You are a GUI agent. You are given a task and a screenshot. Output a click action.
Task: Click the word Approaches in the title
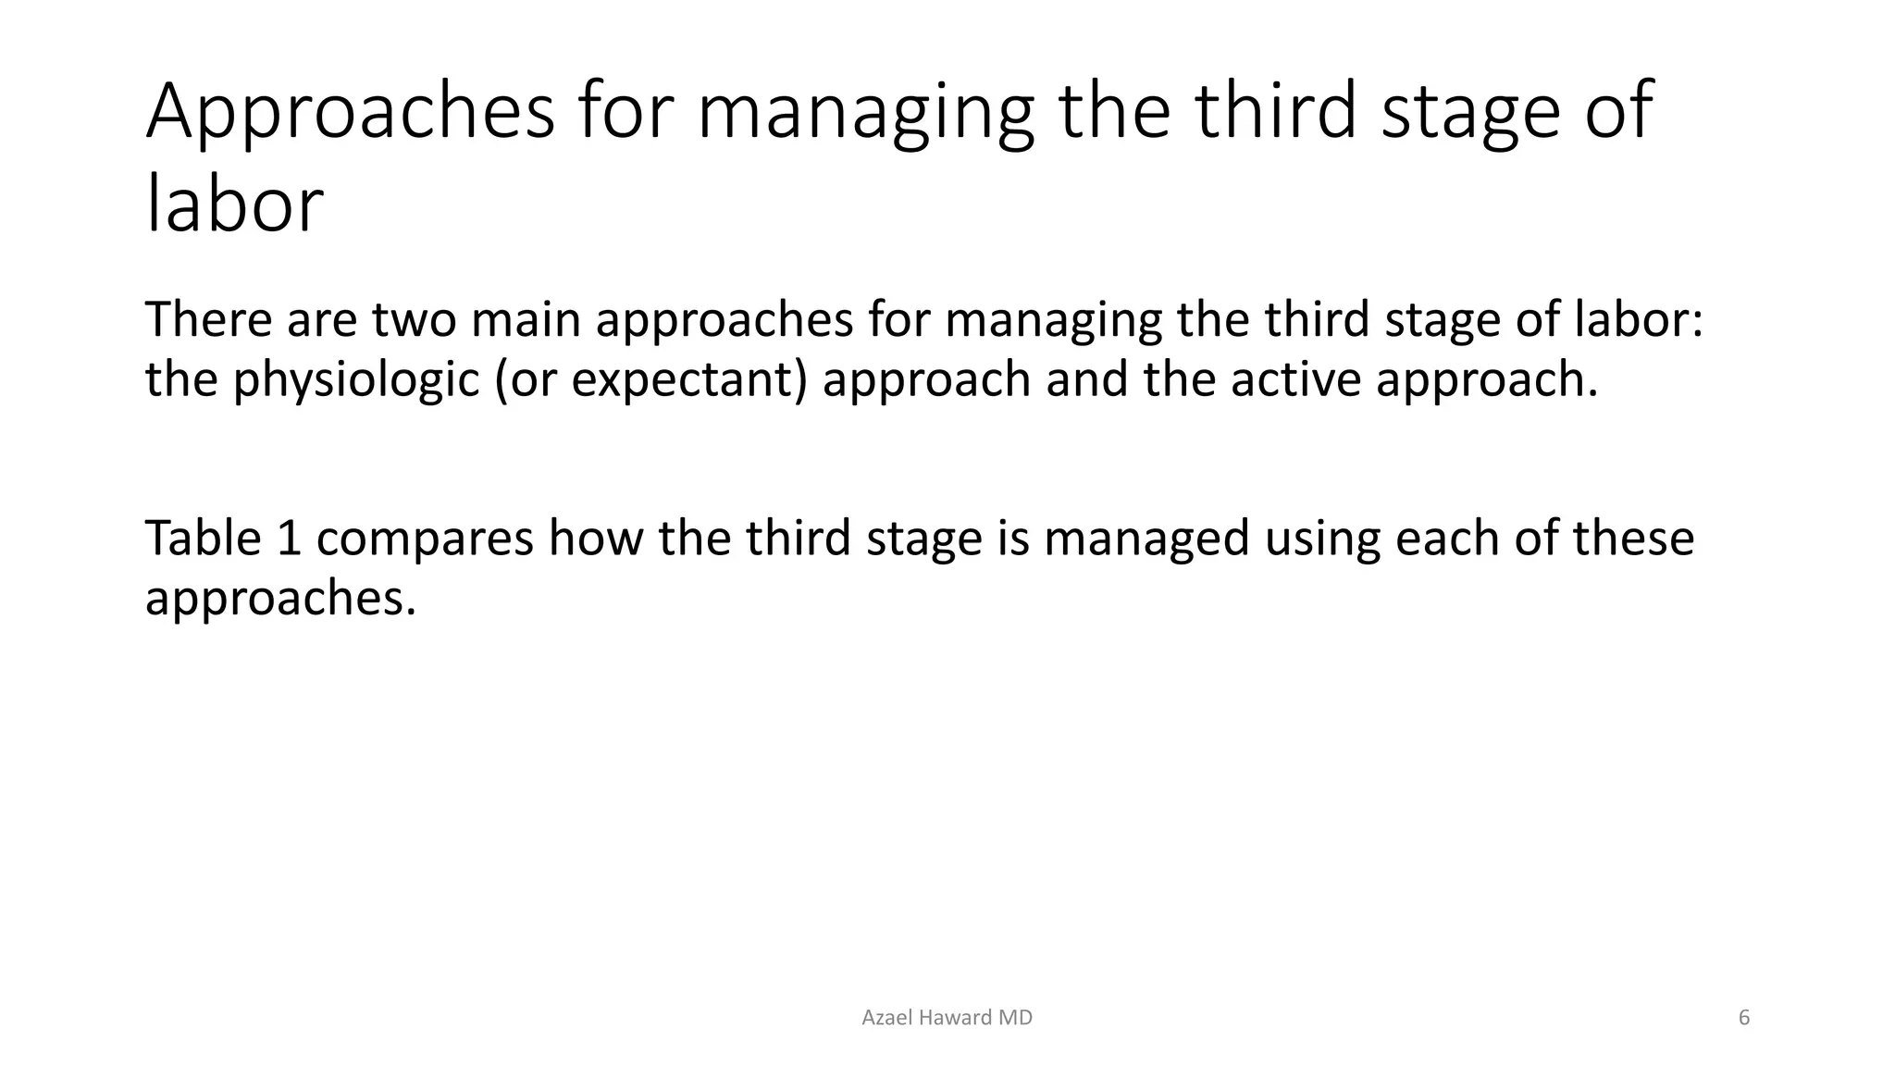pos(350,113)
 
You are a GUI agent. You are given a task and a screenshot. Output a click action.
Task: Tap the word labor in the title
pos(235,205)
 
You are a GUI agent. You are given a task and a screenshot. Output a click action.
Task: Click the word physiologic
pos(355,380)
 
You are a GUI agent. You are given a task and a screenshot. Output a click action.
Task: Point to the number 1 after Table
pos(289,538)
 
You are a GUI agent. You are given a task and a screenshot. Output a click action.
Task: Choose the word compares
pos(425,539)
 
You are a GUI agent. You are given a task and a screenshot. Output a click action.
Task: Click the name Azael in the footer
pos(886,1018)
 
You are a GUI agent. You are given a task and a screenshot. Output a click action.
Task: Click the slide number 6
pos(1744,1018)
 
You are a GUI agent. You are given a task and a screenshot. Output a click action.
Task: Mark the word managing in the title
pos(864,113)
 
